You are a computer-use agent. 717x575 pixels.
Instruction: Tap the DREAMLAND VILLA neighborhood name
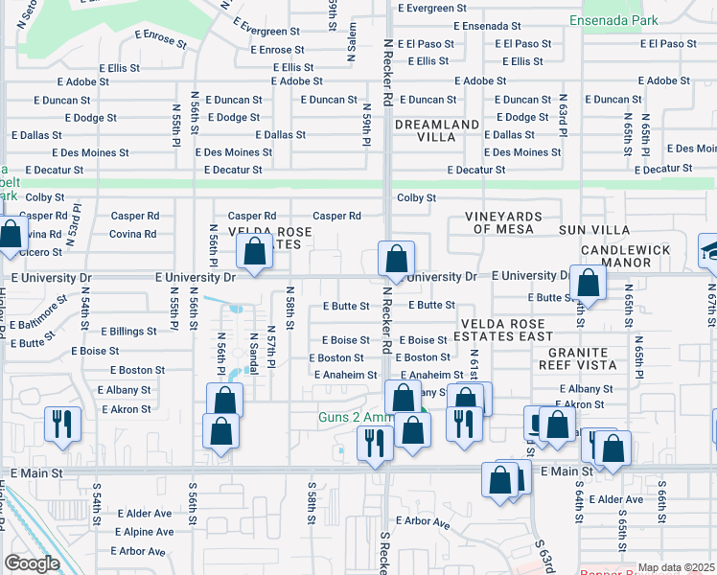click(x=436, y=130)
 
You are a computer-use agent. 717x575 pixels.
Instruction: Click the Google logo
click(x=32, y=563)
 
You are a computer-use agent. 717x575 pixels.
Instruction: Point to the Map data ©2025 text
click(x=675, y=567)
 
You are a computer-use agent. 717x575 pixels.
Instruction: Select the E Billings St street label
click(x=123, y=332)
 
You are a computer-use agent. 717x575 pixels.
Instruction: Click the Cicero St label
click(x=39, y=252)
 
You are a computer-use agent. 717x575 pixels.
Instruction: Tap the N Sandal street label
click(x=254, y=347)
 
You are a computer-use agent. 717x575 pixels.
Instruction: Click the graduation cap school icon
click(x=711, y=251)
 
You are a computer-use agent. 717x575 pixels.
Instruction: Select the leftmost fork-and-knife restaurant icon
click(x=62, y=422)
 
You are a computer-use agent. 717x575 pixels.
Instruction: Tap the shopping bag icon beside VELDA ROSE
click(x=255, y=252)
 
